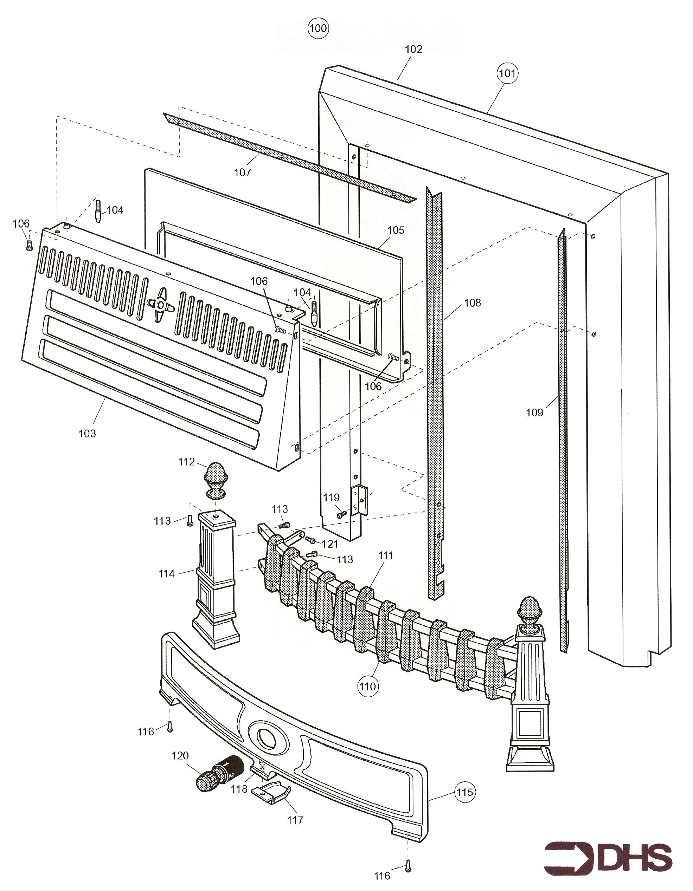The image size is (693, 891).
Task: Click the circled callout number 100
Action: coord(318,28)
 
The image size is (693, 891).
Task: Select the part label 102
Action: coord(413,50)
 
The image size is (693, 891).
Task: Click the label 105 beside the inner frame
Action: coord(395,230)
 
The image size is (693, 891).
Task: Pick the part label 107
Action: coord(242,173)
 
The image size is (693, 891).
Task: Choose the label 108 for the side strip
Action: coord(473,303)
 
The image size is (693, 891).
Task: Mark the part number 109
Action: coord(534,413)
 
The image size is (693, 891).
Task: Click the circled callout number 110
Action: coord(367,686)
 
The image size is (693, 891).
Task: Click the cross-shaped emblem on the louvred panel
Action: coord(160,304)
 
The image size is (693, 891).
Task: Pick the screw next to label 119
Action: coord(341,515)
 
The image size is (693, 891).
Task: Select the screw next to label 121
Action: coord(310,540)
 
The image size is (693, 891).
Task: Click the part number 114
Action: coord(167,574)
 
